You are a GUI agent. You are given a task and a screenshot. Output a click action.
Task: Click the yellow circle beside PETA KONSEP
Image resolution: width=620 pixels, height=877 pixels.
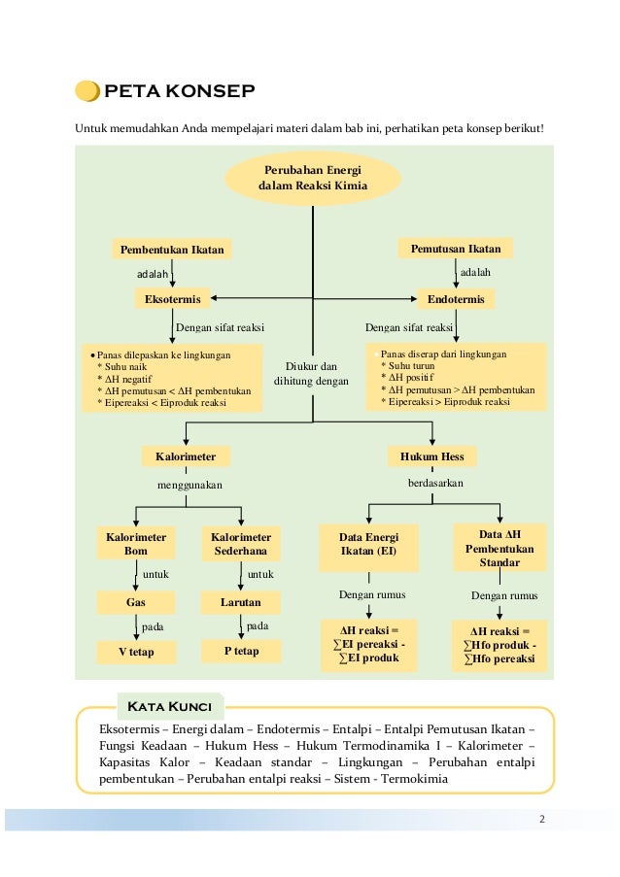[87, 91]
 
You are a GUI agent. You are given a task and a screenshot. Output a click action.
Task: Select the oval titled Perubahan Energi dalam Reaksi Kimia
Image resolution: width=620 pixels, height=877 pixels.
[313, 179]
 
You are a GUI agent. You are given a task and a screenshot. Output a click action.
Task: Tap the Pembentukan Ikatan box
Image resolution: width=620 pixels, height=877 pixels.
[172, 250]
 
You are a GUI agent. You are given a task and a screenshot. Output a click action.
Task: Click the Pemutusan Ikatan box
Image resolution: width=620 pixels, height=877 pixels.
[456, 249]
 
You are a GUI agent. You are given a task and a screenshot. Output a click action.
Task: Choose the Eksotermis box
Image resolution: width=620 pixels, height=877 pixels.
[172, 299]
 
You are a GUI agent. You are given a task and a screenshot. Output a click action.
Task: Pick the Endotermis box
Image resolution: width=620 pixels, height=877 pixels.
[456, 299]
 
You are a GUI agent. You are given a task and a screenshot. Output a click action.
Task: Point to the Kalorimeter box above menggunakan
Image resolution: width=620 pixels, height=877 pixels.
[186, 456]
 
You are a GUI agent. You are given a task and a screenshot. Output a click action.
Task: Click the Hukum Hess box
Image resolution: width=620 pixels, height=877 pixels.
[432, 456]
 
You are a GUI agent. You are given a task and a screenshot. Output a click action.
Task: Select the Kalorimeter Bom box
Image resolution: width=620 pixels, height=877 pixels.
[136, 543]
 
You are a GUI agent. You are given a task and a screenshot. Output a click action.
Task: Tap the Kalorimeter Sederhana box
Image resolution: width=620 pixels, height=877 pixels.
[241, 543]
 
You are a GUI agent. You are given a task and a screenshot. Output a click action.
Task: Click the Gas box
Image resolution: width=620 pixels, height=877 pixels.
[136, 602]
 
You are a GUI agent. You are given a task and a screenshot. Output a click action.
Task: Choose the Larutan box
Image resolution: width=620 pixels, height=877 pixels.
[241, 602]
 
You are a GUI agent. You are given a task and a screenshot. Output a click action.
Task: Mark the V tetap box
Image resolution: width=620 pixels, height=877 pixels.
[136, 652]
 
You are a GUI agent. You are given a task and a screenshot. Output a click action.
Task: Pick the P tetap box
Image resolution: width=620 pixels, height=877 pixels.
[241, 651]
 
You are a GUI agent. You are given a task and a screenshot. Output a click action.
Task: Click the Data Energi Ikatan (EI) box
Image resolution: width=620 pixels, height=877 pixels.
[368, 548]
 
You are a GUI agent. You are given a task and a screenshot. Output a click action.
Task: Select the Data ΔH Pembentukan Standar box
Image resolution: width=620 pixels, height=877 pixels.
[499, 548]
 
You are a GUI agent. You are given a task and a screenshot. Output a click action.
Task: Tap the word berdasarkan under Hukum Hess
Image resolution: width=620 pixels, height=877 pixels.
[435, 483]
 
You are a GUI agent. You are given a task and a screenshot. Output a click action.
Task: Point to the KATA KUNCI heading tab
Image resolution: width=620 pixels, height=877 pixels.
[170, 706]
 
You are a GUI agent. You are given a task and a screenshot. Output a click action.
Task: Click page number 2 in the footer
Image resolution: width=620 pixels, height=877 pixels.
[541, 819]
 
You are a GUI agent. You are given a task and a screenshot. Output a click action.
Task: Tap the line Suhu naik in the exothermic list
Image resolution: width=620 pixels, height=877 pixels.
[125, 367]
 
